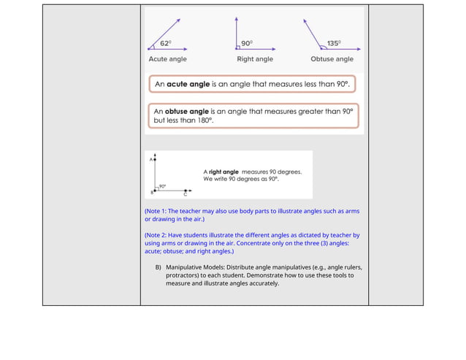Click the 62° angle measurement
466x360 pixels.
pyautogui.click(x=167, y=43)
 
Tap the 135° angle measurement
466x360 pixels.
pyautogui.click(x=333, y=43)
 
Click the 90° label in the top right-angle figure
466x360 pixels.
pyautogui.click(x=247, y=43)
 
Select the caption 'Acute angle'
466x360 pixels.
pyautogui.click(x=167, y=59)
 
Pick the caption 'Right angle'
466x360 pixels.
pyautogui.click(x=255, y=59)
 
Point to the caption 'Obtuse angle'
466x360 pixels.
pyautogui.click(x=332, y=59)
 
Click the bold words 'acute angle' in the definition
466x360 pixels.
pyautogui.click(x=188, y=85)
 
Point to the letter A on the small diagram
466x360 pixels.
pyautogui.click(x=150, y=159)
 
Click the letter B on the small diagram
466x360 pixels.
pyautogui.click(x=150, y=192)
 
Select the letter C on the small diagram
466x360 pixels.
pyautogui.click(x=185, y=195)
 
